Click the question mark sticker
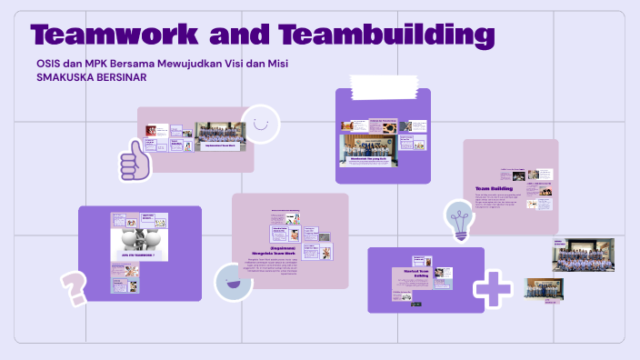click(x=74, y=287)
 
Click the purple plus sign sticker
click(x=493, y=286)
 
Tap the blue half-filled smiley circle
click(x=234, y=282)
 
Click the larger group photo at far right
click(x=576, y=255)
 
